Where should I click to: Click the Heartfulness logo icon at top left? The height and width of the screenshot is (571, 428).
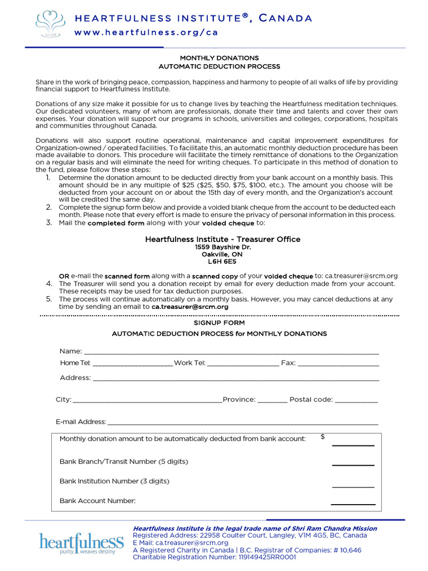[52, 23]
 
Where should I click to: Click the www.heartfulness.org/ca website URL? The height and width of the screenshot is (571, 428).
[146, 32]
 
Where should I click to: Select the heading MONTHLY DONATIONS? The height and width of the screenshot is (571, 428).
[219, 58]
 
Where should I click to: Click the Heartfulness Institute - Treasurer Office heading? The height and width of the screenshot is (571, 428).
[222, 239]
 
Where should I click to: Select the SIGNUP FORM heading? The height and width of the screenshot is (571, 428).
[219, 323]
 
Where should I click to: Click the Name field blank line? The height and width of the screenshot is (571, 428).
[231, 352]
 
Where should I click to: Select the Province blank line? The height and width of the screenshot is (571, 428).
[273, 401]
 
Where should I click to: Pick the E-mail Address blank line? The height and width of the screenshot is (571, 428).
[243, 423]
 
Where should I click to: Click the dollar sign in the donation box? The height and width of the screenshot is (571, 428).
[323, 437]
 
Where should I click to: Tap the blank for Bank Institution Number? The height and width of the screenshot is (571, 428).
[353, 486]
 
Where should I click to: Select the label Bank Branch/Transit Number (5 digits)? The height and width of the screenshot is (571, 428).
[124, 462]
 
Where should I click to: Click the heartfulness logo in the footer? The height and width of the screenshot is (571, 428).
[81, 543]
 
